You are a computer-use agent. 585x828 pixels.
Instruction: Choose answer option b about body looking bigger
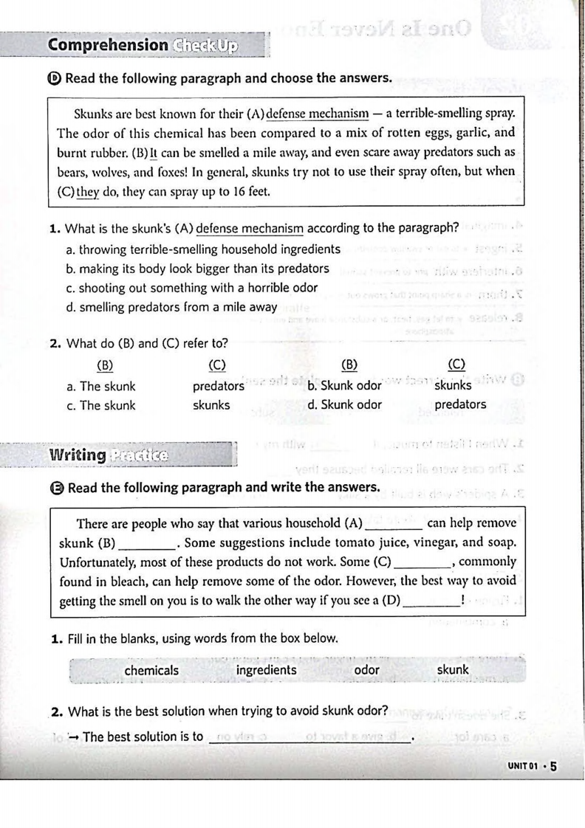pyautogui.click(x=198, y=269)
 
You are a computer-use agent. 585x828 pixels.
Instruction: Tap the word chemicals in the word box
pyautogui.click(x=151, y=670)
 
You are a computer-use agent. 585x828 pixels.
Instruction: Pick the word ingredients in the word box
pyautogui.click(x=266, y=670)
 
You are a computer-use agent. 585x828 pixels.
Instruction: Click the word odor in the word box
pyautogui.click(x=367, y=670)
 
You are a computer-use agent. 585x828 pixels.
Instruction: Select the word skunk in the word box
pyautogui.click(x=453, y=670)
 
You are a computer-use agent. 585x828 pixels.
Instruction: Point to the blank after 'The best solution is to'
pyautogui.click(x=310, y=736)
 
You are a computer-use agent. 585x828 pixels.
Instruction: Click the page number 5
pyautogui.click(x=551, y=766)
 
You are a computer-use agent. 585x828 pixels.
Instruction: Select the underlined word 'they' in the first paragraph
pyautogui.click(x=88, y=192)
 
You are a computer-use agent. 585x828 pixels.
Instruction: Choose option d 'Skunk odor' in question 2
pyautogui.click(x=345, y=404)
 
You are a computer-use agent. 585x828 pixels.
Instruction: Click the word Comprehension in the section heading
pyautogui.click(x=108, y=45)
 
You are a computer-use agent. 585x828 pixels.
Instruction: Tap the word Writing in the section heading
pyautogui.click(x=77, y=455)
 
